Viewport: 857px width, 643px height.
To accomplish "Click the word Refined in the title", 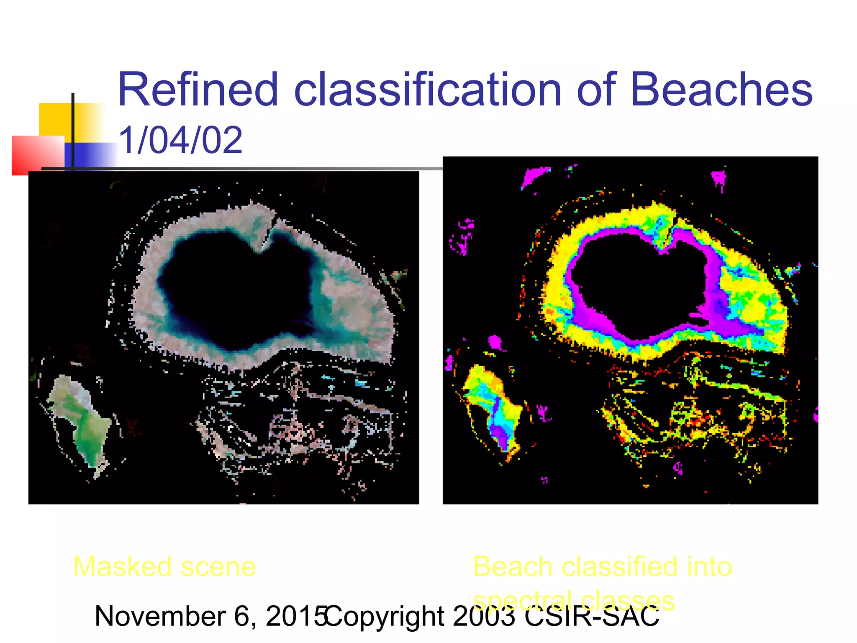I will coord(198,90).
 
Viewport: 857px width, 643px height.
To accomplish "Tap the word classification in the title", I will coord(427,90).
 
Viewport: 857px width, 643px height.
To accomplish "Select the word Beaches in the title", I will coord(721,90).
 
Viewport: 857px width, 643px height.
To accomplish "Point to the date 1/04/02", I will coord(180,140).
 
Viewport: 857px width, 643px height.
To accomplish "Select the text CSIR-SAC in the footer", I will coord(592,616).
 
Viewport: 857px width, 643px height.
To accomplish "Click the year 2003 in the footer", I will coord(484,616).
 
